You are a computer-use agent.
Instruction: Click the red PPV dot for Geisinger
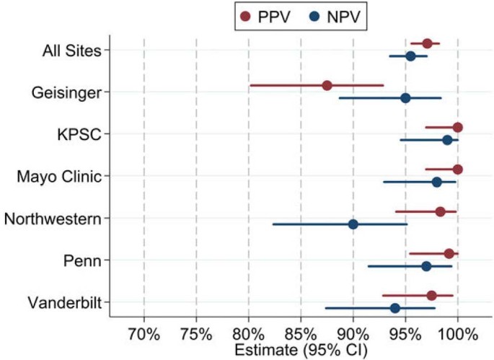[x=327, y=85]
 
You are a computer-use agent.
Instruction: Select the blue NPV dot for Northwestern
[x=353, y=224]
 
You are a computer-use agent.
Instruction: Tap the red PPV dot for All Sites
[x=427, y=43]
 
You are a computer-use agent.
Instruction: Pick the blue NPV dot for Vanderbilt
[x=395, y=308]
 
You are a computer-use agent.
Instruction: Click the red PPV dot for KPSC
[x=457, y=128]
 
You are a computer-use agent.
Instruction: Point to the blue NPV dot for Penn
[x=426, y=266]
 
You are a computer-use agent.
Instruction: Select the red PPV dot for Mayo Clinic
[x=457, y=170]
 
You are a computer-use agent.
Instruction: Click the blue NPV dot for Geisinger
[x=405, y=98]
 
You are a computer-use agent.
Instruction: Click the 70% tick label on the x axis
[x=144, y=335]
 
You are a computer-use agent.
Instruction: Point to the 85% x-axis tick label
[x=301, y=335]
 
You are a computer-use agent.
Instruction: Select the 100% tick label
[x=457, y=335]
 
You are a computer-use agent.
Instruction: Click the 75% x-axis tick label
[x=196, y=335]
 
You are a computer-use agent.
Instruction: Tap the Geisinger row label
[x=71, y=92]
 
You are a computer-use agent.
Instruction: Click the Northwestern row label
[x=52, y=218]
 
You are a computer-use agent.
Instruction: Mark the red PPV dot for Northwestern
[x=440, y=211]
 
